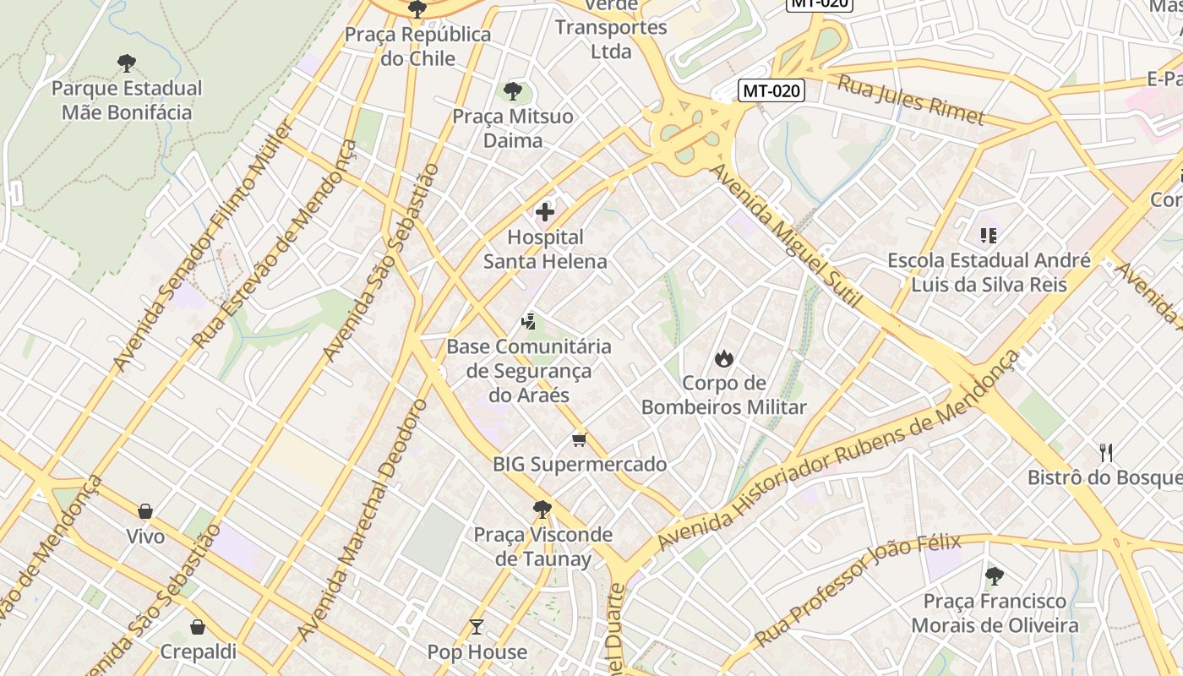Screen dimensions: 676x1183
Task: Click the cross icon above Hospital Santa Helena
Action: coord(545,211)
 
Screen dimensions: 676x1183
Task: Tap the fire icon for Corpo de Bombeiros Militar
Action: coord(723,358)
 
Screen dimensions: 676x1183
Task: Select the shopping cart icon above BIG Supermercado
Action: coord(579,439)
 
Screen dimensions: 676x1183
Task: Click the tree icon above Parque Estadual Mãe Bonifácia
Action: coord(127,63)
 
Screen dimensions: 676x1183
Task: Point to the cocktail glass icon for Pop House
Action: coord(477,627)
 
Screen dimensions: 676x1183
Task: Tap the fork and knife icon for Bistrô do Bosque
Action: coord(1106,452)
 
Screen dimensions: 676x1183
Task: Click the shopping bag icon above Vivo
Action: coord(145,511)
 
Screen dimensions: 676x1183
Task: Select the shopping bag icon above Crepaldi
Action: coord(198,627)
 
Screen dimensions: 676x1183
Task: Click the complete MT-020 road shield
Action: coord(771,90)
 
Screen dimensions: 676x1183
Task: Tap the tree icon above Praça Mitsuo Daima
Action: coord(512,91)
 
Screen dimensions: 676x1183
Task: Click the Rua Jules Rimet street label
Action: coord(911,100)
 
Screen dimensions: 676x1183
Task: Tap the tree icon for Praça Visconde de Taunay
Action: coord(542,510)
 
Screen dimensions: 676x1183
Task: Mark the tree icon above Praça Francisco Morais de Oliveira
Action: coord(995,576)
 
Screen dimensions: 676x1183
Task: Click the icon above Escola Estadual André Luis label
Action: coord(989,235)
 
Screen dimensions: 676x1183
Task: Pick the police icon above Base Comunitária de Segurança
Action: coord(529,321)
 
